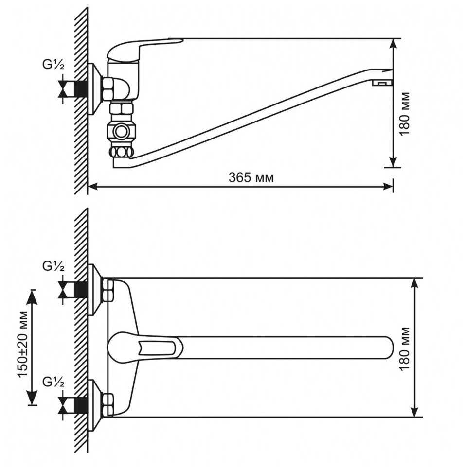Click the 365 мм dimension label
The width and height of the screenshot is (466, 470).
pyautogui.click(x=251, y=178)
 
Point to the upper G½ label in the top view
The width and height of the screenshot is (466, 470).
pyautogui.click(x=53, y=266)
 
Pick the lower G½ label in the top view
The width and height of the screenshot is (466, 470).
pyautogui.click(x=53, y=382)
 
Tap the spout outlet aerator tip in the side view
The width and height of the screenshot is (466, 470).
pyautogui.click(x=382, y=83)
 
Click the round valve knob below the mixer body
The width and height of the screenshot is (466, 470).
pyautogui.click(x=121, y=131)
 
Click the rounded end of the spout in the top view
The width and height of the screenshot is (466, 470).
pyautogui.click(x=387, y=347)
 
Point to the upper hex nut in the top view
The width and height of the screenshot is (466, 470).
pyautogui.click(x=108, y=290)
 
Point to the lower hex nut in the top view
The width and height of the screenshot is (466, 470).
pyautogui.click(x=108, y=404)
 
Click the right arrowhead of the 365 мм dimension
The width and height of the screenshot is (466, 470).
pyautogui.click(x=389, y=185)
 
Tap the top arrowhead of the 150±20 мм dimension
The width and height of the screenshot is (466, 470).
pyautogui.click(x=33, y=296)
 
